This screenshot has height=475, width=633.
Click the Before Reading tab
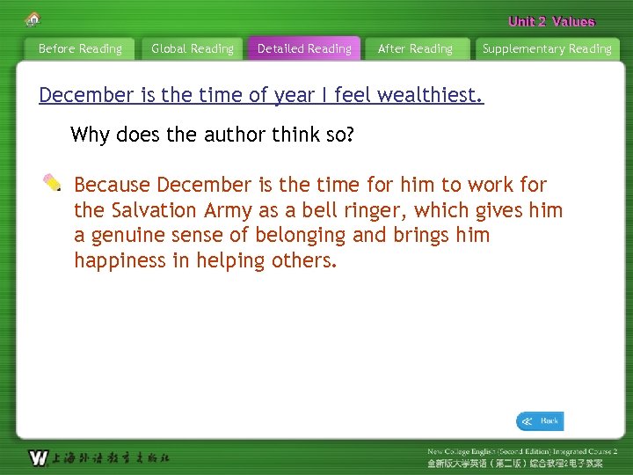[80, 49]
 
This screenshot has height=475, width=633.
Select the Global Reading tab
[193, 49]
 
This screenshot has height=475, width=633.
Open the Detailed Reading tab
[304, 49]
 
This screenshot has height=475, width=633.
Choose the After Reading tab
[415, 49]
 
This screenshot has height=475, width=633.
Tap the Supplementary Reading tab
[547, 49]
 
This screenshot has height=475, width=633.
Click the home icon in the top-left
[33, 18]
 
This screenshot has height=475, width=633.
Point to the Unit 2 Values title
[551, 22]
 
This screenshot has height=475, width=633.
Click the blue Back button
[540, 421]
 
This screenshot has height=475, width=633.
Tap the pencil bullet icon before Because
[53, 183]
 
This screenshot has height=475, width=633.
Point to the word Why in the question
[90, 135]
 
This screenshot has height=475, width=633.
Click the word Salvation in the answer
[154, 210]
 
